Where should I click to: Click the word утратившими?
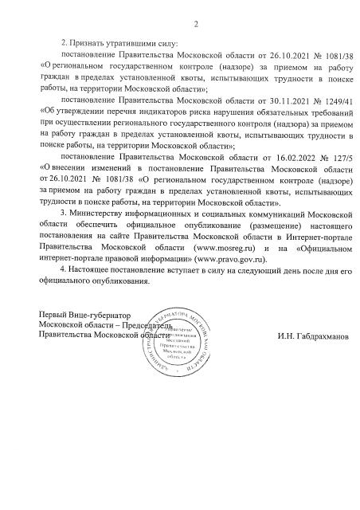(130, 42)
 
